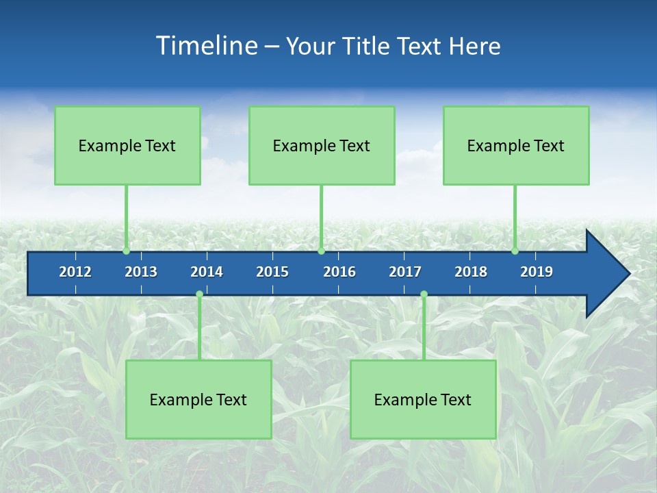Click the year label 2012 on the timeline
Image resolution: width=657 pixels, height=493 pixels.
(x=75, y=272)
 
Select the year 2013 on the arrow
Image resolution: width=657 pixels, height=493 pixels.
(x=141, y=272)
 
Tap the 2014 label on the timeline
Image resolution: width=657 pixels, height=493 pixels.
(x=207, y=272)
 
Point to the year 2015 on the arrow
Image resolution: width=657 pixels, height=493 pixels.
(x=272, y=272)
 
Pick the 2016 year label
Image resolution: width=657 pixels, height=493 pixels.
(x=339, y=272)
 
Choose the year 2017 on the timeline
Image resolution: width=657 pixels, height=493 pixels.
(x=405, y=272)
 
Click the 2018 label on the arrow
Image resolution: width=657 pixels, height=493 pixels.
(x=471, y=272)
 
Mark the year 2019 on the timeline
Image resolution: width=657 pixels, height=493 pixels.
(x=537, y=272)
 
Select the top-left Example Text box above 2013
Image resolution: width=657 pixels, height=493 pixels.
(x=127, y=145)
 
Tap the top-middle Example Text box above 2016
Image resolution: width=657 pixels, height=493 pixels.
(x=322, y=145)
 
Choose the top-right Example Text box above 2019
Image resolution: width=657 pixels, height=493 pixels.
(x=516, y=145)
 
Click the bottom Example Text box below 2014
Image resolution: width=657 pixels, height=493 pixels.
(x=198, y=399)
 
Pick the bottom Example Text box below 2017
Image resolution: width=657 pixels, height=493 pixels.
(x=423, y=399)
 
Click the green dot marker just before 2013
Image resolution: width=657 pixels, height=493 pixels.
(x=127, y=251)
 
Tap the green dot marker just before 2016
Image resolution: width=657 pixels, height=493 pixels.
(x=321, y=251)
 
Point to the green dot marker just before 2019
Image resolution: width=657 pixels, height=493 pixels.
(x=515, y=251)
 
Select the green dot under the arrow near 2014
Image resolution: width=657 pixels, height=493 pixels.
(x=199, y=294)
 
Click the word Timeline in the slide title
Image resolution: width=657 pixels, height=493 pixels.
(x=206, y=46)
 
